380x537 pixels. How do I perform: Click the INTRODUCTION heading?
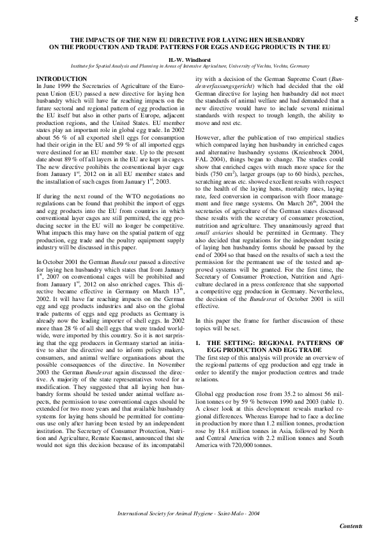[x=63, y=78]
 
